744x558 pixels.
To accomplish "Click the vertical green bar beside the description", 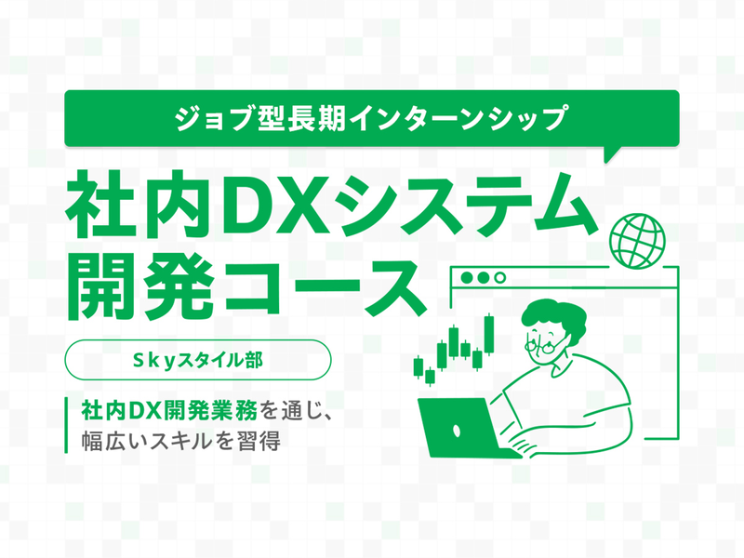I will (x=67, y=424).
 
